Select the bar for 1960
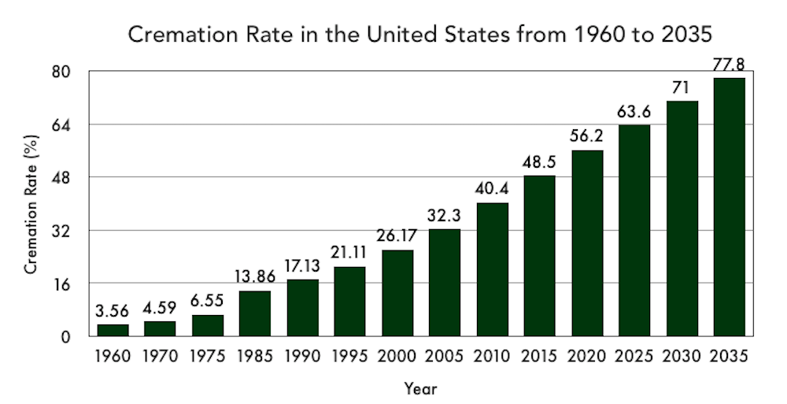(x=113, y=330)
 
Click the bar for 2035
(x=729, y=206)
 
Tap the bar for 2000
(x=397, y=293)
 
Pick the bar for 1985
(x=255, y=313)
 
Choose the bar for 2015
(x=539, y=255)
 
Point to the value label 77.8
(x=729, y=65)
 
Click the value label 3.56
(x=113, y=311)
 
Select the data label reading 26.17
(x=397, y=236)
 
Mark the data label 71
(x=682, y=87)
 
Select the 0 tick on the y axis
(x=66, y=337)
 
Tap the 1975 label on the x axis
(x=208, y=357)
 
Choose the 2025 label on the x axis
(x=634, y=357)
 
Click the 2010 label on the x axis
(x=492, y=357)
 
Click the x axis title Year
(x=420, y=388)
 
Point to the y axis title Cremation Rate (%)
(x=31, y=204)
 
